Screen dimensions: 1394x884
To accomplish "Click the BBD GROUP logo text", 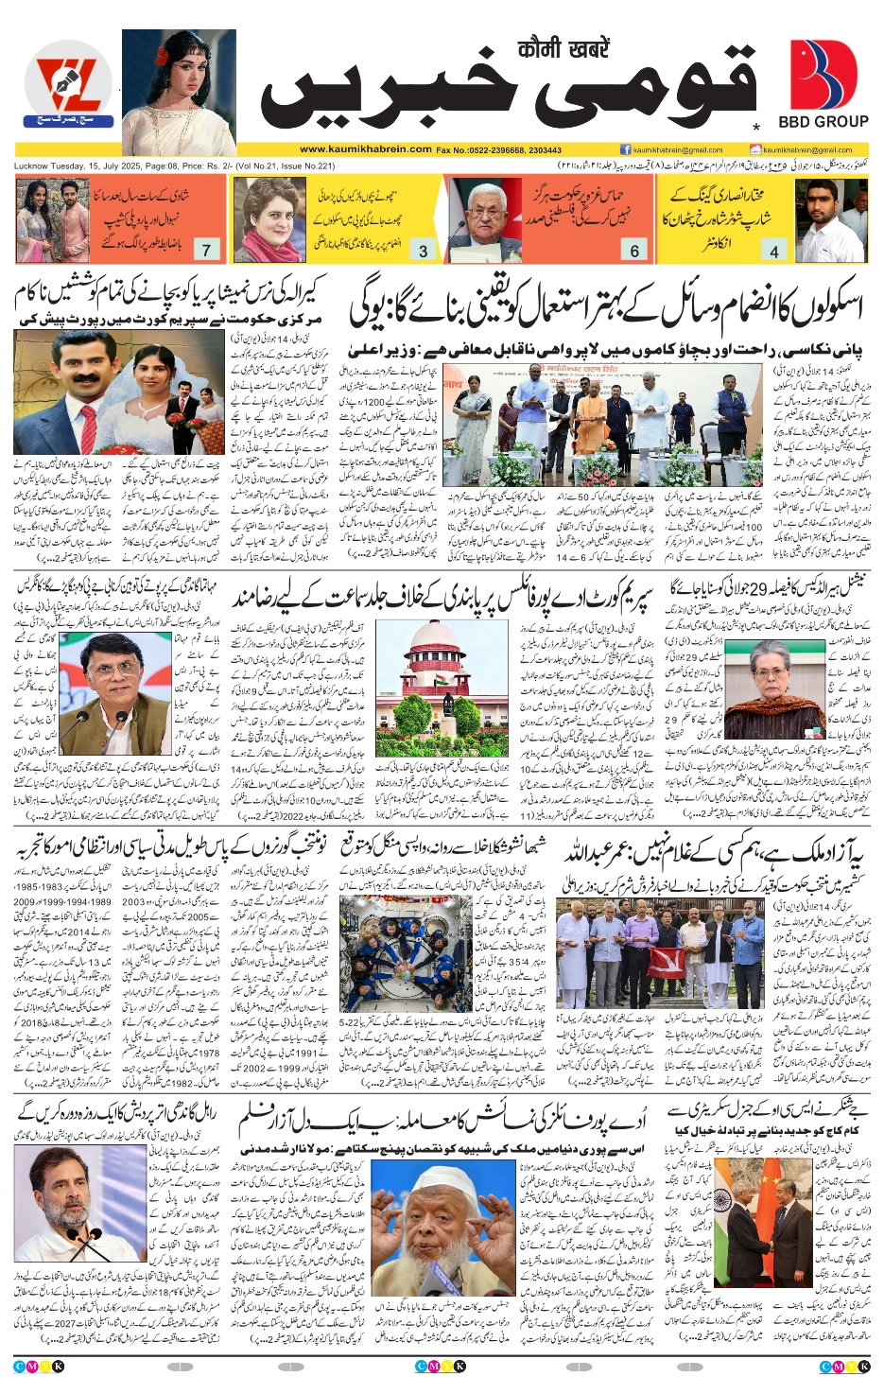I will click(823, 121).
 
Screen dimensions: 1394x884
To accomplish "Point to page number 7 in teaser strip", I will click(206, 251).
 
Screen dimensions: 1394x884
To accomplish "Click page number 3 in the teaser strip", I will click(423, 251).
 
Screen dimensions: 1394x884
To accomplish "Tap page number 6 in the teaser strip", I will click(634, 251).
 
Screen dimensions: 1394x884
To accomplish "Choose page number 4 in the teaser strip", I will click(774, 251).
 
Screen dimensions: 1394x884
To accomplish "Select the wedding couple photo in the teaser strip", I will click(52, 219).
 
